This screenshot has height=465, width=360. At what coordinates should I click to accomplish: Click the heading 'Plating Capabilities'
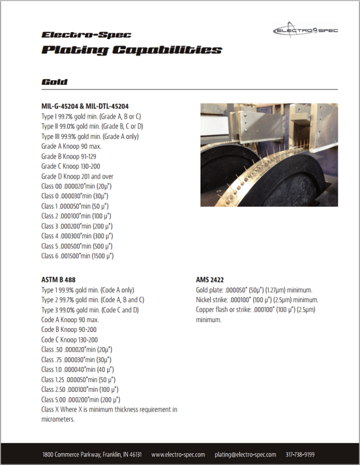coord(131,50)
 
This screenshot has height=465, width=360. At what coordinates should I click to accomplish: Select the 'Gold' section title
coord(55,82)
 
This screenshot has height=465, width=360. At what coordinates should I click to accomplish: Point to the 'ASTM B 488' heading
coord(59,280)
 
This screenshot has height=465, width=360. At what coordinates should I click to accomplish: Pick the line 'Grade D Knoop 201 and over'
coord(76,176)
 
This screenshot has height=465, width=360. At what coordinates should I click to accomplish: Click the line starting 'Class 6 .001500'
coord(77,256)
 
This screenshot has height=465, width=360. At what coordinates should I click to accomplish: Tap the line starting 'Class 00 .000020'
coord(76,186)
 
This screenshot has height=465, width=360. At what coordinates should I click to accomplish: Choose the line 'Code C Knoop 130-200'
coord(70,340)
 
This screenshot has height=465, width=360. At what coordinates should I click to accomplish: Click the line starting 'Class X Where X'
coord(109,410)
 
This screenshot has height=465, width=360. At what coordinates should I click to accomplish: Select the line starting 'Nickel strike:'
coord(248,300)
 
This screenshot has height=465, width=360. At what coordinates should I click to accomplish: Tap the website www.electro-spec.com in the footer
coord(178,454)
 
